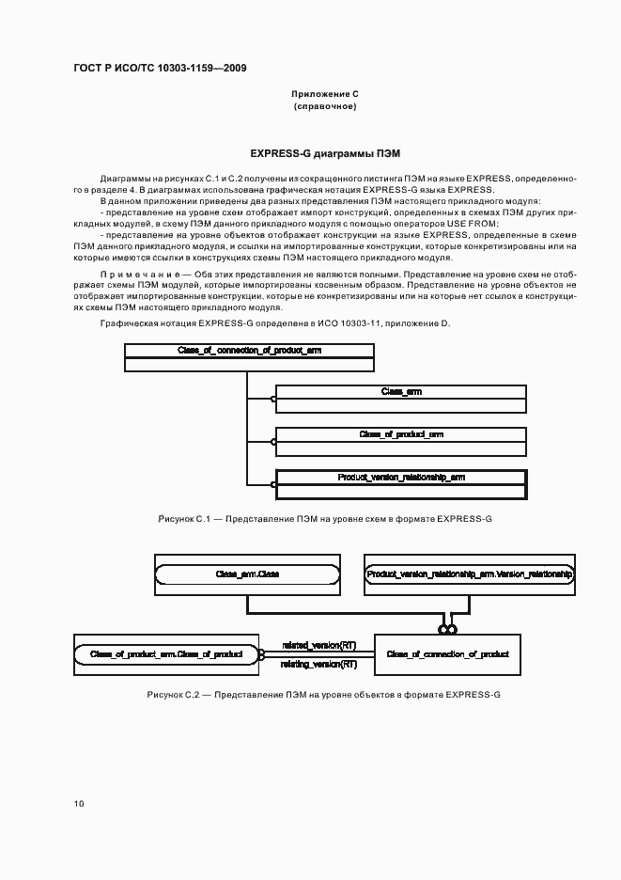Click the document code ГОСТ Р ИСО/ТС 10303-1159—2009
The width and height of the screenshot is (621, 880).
pyautogui.click(x=160, y=68)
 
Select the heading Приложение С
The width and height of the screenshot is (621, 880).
pyautogui.click(x=325, y=94)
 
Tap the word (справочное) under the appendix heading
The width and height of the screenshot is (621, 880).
pyautogui.click(x=325, y=107)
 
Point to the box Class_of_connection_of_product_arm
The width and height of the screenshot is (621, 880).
pyautogui.click(x=249, y=351)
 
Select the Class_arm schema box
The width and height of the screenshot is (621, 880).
pyautogui.click(x=400, y=391)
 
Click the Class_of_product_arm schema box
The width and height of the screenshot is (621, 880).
pyautogui.click(x=400, y=434)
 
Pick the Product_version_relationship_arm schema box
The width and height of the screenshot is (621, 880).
pyautogui.click(x=400, y=478)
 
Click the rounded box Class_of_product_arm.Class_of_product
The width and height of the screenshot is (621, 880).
pyautogui.click(x=165, y=652)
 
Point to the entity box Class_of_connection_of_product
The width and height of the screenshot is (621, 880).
pyautogui.click(x=447, y=652)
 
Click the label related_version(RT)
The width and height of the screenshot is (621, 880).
pyautogui.click(x=318, y=645)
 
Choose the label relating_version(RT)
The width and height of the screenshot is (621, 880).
pyautogui.click(x=318, y=664)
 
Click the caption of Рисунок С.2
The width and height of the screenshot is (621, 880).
pyautogui.click(x=324, y=694)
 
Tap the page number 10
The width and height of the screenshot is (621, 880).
pyautogui.click(x=79, y=803)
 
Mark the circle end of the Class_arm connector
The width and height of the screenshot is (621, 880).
pyautogui.click(x=274, y=399)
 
